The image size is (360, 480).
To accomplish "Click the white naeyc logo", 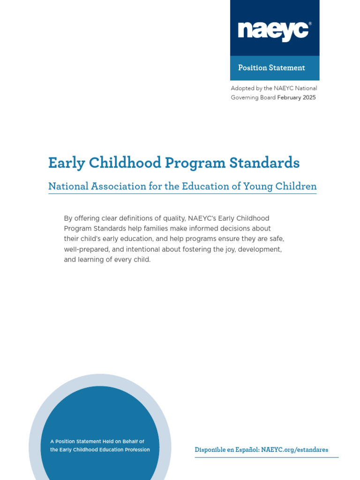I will click(274, 31).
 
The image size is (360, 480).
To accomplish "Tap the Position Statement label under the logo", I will click(271, 68).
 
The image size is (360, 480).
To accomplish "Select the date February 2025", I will click(296, 97).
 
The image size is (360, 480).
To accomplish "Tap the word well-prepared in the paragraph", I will click(84, 249).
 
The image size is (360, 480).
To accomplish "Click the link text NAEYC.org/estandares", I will click(294, 450).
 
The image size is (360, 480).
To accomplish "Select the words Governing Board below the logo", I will click(253, 97).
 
